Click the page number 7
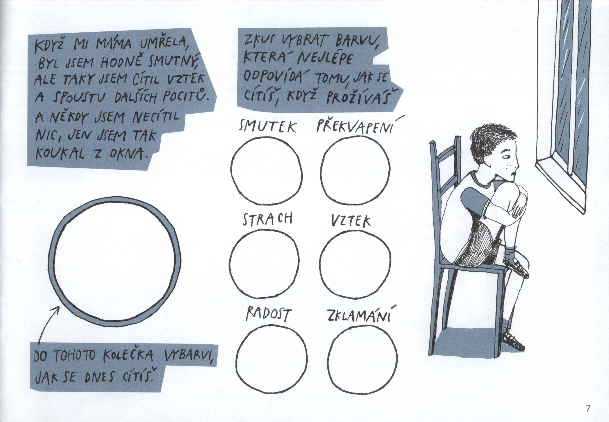point(588,408)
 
